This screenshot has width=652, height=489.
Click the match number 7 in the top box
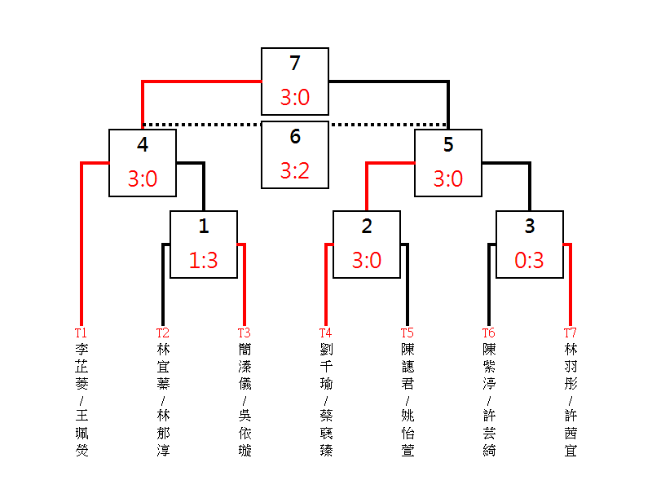point(295,64)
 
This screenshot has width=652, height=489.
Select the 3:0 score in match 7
point(295,98)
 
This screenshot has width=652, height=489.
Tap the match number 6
point(295,137)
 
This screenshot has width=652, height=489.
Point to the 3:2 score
point(295,171)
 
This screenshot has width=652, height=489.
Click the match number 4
point(143,145)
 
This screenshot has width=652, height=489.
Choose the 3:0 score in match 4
point(143,179)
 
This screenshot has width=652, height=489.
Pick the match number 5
point(448,145)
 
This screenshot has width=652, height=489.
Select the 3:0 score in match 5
point(448,179)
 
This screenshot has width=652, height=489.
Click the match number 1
point(204,227)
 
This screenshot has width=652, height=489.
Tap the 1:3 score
point(204,261)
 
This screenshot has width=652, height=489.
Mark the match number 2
point(367,227)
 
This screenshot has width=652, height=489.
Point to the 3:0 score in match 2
point(367,261)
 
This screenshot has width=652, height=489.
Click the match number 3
point(530,227)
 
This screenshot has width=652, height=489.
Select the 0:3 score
point(530,261)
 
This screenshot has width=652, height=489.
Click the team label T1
point(81,333)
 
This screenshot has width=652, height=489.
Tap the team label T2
point(162,333)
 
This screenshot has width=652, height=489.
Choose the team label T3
point(244,333)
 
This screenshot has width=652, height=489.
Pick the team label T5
point(407,333)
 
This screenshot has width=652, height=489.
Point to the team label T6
point(488,333)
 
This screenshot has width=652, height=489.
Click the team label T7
point(570,333)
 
